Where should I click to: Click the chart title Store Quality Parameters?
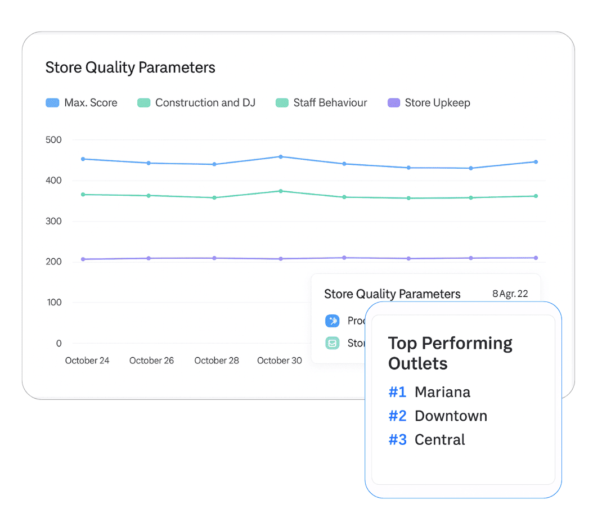(x=130, y=68)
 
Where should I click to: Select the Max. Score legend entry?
(x=82, y=103)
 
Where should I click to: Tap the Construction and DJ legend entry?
(x=196, y=103)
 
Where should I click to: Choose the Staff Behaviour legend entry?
(x=321, y=103)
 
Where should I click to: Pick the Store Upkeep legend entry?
(x=429, y=103)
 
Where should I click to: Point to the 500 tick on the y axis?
(x=53, y=140)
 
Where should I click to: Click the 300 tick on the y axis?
(x=53, y=222)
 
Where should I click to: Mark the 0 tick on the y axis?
(x=59, y=344)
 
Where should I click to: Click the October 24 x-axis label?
(x=87, y=361)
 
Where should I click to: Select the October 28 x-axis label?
(x=217, y=361)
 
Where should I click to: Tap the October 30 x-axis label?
(x=280, y=361)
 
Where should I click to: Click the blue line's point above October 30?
(x=281, y=157)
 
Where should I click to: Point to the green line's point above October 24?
(x=83, y=195)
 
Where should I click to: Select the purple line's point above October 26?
(x=149, y=259)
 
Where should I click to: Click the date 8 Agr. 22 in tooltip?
(x=510, y=294)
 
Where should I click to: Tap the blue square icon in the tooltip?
(x=333, y=321)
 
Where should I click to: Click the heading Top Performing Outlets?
(x=450, y=353)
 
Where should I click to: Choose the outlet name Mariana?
(x=442, y=392)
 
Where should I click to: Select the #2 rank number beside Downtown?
(x=397, y=416)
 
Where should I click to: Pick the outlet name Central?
(x=439, y=440)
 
